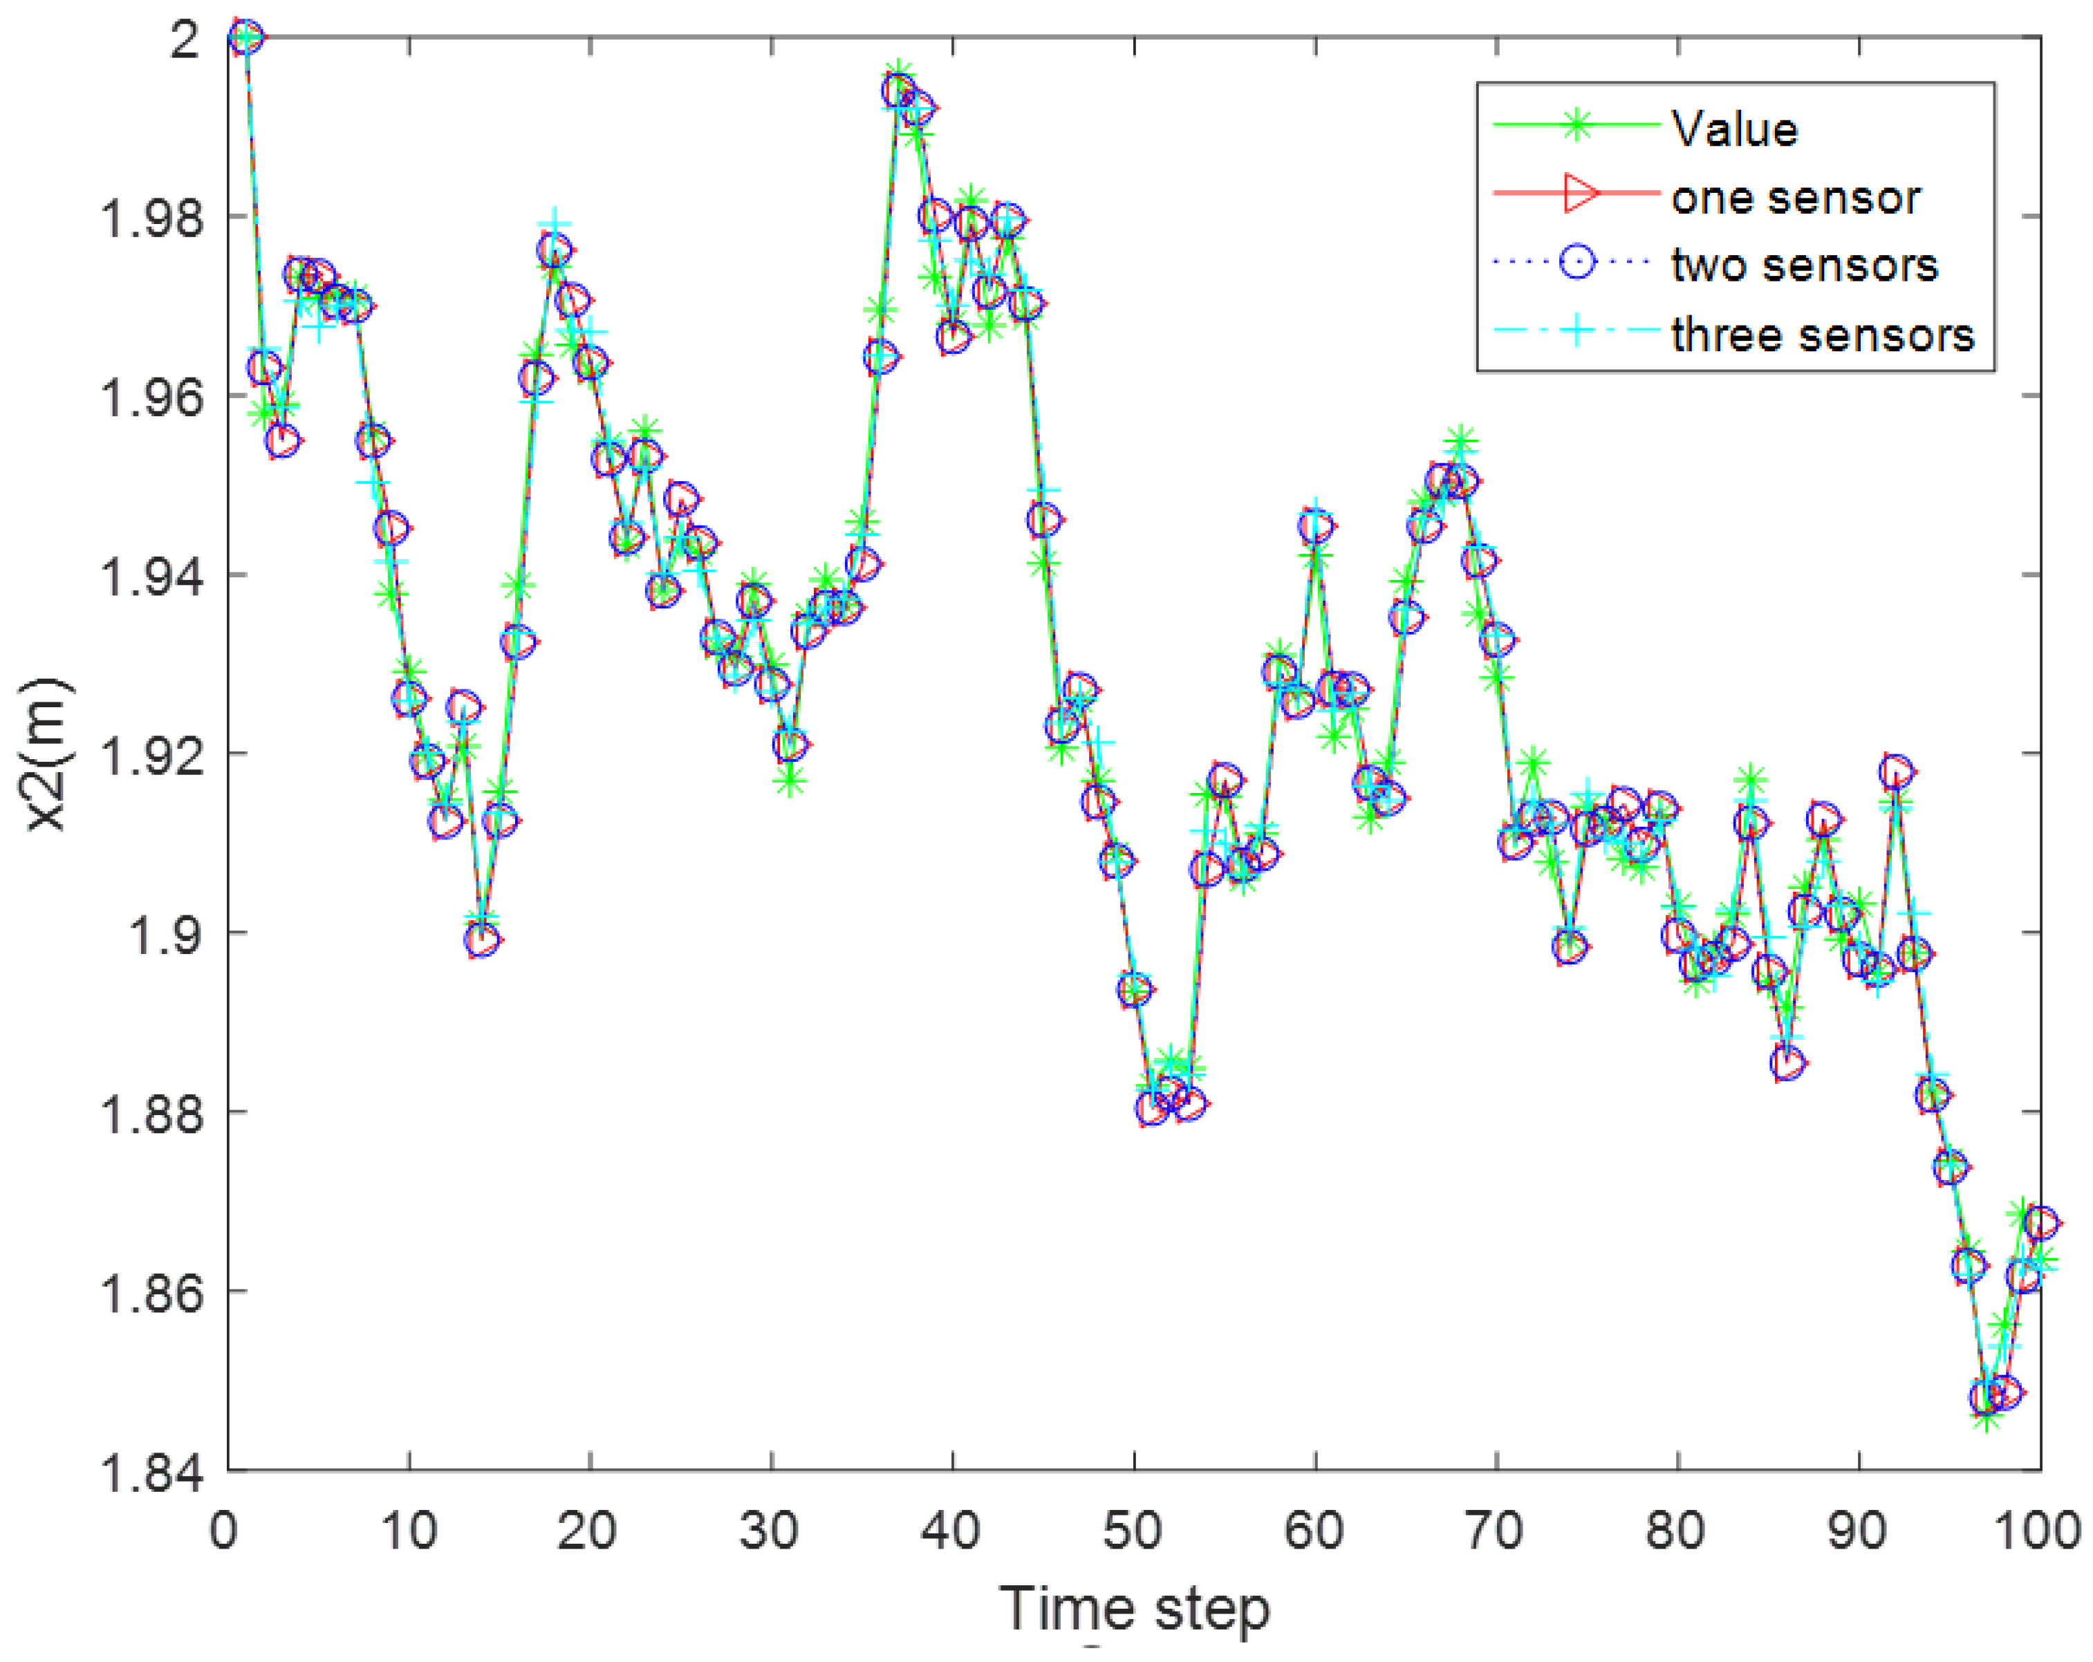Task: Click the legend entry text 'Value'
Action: pos(1734,129)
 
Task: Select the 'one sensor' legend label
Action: pos(1795,197)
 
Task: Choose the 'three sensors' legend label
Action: pos(1822,334)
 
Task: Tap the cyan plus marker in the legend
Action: pos(1579,331)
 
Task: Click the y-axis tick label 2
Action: pos(185,39)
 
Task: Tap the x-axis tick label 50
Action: pos(1132,1531)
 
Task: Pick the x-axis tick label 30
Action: pos(769,1531)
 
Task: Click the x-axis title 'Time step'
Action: pos(1134,1609)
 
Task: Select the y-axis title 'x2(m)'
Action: pos(46,754)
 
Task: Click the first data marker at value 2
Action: pos(247,37)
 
